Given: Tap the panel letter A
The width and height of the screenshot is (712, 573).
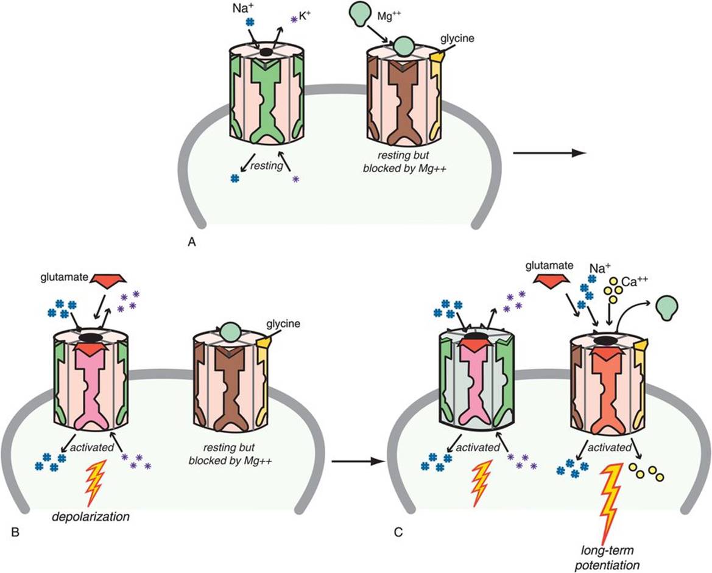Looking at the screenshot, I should point(192,243).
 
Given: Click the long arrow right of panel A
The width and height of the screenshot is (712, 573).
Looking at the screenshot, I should point(549,153).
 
